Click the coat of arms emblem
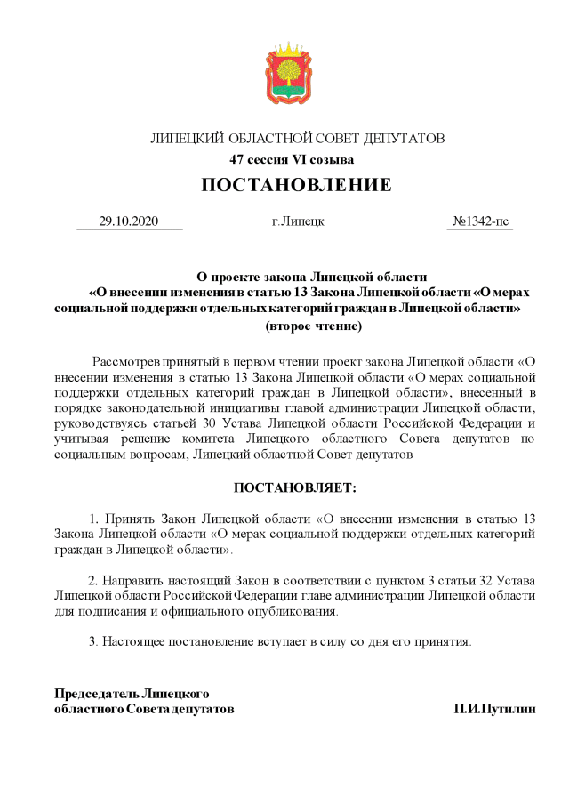point(284,75)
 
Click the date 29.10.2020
point(128,221)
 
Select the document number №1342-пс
point(481,221)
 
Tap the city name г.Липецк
point(298,221)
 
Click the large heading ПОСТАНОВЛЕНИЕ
point(296,186)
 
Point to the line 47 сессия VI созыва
point(292,160)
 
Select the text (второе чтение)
point(313,326)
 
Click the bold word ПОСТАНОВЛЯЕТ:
point(294,488)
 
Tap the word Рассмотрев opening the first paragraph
point(125,363)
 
